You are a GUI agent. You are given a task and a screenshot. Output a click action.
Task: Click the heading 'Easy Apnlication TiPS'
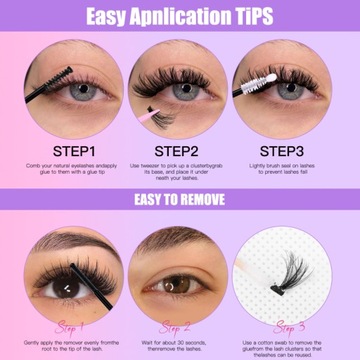[x=180, y=16]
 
